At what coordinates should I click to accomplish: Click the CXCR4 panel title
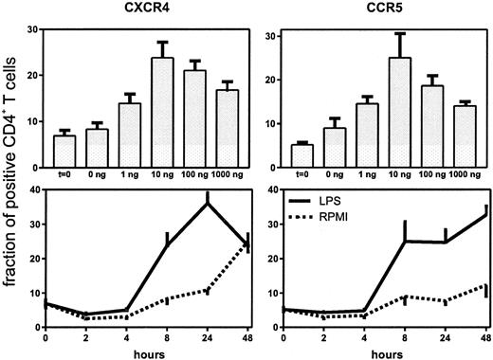138,9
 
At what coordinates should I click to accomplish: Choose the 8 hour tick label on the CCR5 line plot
404,336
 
